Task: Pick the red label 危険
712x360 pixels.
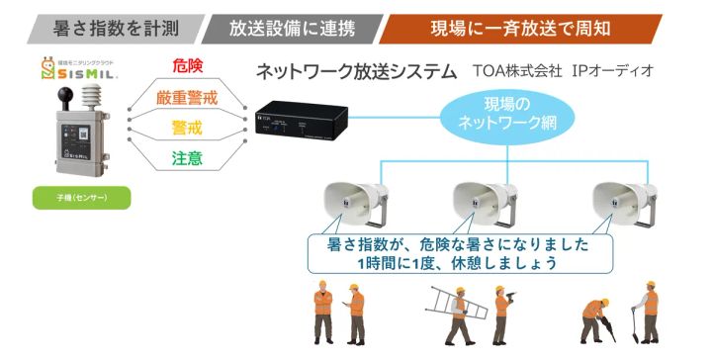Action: (x=187, y=66)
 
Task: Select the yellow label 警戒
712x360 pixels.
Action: (x=187, y=129)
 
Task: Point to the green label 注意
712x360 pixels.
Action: (x=187, y=158)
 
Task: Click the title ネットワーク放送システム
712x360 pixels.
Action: (x=356, y=72)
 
